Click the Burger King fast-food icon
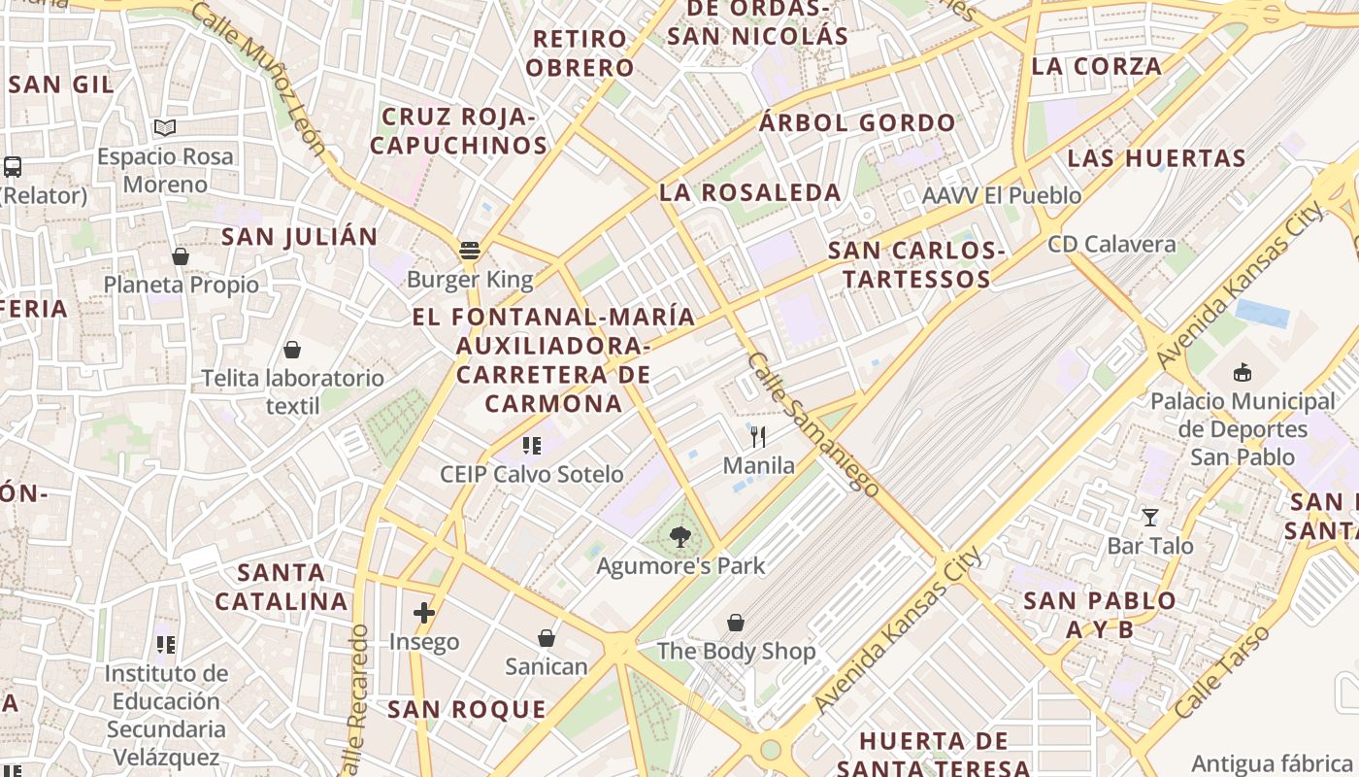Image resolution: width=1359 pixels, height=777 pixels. point(470,251)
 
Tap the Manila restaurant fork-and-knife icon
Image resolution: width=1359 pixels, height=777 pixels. point(758,436)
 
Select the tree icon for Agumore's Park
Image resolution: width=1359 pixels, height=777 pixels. point(680,535)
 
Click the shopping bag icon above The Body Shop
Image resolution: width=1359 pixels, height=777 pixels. point(736,622)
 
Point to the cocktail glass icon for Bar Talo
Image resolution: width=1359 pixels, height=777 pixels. point(1150,517)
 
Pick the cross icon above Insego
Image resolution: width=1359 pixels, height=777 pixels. point(423,613)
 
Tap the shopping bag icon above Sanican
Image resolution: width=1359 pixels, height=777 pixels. point(547,638)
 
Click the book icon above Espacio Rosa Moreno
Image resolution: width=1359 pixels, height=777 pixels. point(165,127)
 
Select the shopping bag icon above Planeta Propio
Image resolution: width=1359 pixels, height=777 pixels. point(181,256)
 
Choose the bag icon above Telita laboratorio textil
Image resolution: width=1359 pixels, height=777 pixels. point(292,350)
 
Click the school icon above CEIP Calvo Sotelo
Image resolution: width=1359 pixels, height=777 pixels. point(531,446)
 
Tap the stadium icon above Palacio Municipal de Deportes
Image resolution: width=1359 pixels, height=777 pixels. point(1242,372)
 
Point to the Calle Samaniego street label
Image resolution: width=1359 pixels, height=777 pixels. point(813,423)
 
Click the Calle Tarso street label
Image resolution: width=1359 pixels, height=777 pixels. point(1222,672)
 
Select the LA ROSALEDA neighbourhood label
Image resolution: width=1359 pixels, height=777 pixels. point(750,192)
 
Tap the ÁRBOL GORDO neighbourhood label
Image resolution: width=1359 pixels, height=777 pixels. point(857,123)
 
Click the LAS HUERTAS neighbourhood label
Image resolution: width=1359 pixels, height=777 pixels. point(1156,158)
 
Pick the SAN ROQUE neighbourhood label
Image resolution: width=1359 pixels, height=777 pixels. point(467,710)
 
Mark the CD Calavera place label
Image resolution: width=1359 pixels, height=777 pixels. point(1111,245)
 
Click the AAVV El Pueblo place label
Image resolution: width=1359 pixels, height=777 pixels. point(1002,196)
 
